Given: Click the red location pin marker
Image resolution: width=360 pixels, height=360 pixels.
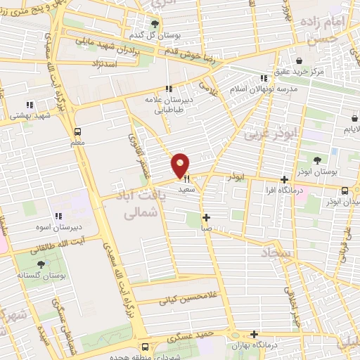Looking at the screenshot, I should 181,165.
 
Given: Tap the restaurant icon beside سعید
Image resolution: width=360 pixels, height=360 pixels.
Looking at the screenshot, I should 186,179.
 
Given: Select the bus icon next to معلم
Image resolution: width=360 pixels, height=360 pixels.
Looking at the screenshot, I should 77,131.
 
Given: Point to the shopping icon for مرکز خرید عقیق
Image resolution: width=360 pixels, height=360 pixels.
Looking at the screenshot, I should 299,60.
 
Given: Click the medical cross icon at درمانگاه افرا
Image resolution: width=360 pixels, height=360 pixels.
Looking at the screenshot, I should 284,180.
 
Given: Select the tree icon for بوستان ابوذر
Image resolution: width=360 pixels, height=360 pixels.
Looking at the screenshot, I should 318,160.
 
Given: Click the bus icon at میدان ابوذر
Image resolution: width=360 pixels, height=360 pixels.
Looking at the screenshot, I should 345,190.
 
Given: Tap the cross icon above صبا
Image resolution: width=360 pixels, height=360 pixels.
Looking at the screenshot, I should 205,217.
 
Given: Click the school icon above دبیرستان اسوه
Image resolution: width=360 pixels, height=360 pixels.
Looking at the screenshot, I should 58,216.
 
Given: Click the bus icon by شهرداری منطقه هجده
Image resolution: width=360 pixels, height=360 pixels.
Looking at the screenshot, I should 146,346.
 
